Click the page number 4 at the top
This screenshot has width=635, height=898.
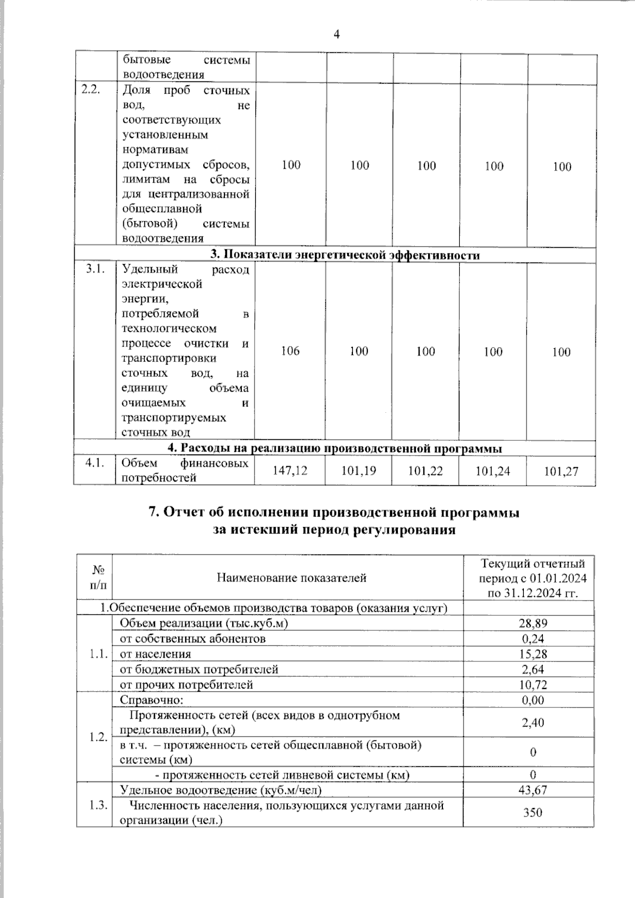pos(337,35)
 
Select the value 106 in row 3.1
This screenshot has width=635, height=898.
pos(290,351)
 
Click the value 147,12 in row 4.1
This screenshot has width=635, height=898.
pos(290,470)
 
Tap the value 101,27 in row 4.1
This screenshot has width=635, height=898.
pos(561,471)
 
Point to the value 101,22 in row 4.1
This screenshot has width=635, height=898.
pos(425,471)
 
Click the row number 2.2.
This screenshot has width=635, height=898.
pos(92,90)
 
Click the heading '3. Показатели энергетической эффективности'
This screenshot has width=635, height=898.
pos(345,255)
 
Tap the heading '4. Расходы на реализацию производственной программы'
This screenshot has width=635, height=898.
pos(334,449)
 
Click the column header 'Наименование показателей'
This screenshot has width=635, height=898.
pos(292,578)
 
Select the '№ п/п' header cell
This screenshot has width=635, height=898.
pos(98,577)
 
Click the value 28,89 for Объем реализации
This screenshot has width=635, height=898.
pos(532,623)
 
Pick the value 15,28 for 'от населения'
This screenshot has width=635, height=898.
pos(532,654)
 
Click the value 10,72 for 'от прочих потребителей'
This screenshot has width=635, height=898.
pos(532,685)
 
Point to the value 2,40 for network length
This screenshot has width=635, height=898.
pos(532,722)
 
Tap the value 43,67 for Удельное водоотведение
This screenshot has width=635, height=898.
pos(532,790)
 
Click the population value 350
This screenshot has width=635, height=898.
pos(532,812)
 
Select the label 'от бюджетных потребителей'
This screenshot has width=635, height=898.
pos(199,669)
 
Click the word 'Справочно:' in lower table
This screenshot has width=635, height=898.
pos(151,700)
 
